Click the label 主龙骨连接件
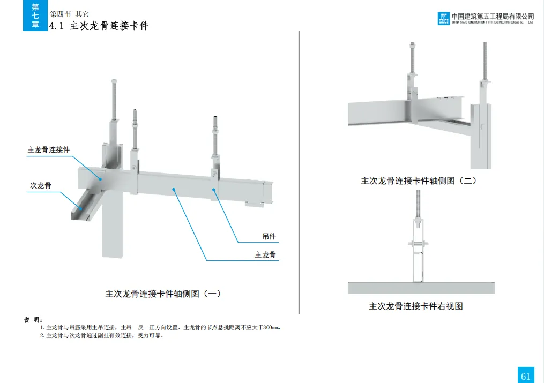[x=49, y=150]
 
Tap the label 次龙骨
[x=41, y=186]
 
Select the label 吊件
[x=269, y=236]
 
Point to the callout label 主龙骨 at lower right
[x=265, y=255]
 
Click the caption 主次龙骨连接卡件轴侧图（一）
[x=163, y=294]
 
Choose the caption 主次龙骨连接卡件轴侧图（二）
[x=419, y=181]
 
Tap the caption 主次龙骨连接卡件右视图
[x=415, y=306]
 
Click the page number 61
[x=525, y=376]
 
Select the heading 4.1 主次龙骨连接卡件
[x=99, y=26]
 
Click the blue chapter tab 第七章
[x=35, y=16]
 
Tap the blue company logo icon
[x=443, y=19]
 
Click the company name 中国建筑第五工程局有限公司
[x=493, y=17]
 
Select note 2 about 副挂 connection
[x=101, y=336]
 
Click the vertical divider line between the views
[x=299, y=171]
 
